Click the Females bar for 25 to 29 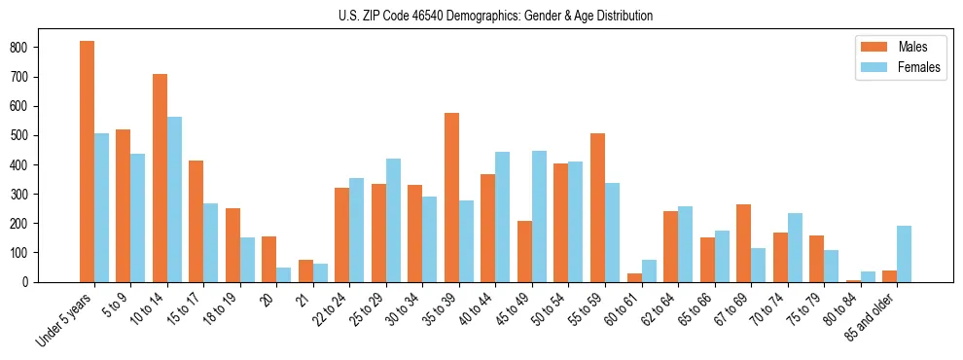[393, 220]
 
